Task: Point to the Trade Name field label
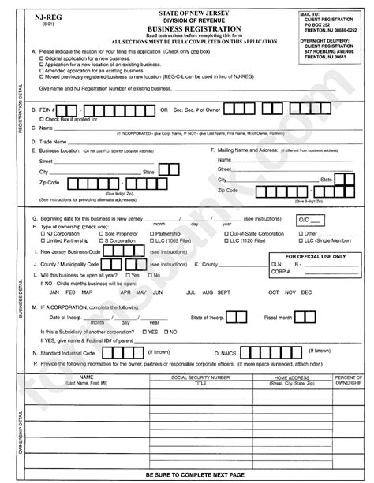tap(50, 140)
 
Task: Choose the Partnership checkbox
tap(149, 234)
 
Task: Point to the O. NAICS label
tap(226, 355)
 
